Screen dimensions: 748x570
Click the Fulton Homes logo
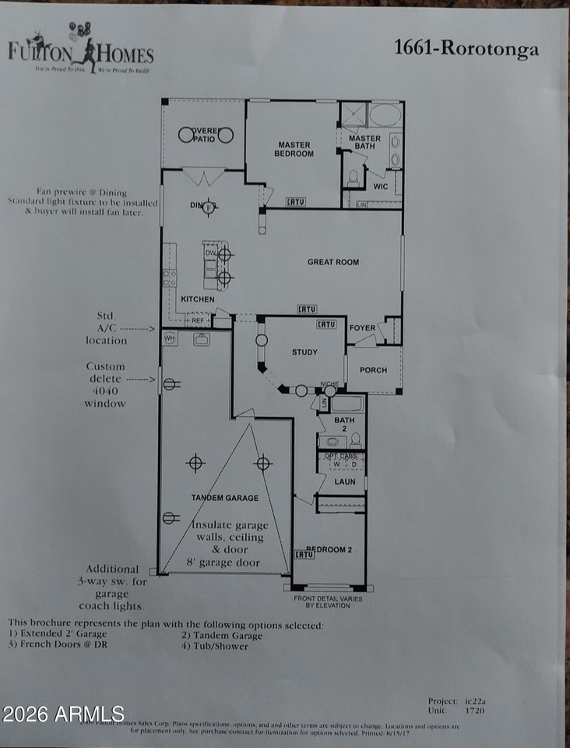point(80,50)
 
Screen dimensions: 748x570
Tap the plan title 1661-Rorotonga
point(466,49)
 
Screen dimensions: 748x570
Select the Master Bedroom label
point(294,149)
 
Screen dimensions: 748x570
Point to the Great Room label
point(332,263)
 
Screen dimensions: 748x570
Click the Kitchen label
point(198,299)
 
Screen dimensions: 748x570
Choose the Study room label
point(304,352)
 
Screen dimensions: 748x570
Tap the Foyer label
point(362,328)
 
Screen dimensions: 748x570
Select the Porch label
point(373,370)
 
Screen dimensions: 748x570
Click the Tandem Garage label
point(225,497)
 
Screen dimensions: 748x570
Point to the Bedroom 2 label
point(329,549)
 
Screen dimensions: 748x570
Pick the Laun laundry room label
point(344,482)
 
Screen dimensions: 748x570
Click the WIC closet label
point(380,186)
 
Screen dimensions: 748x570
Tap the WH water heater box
point(169,339)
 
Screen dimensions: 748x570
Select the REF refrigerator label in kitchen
point(197,319)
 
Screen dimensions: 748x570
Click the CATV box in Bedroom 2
point(304,555)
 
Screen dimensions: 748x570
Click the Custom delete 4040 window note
point(105,385)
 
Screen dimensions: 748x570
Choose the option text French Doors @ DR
point(52,646)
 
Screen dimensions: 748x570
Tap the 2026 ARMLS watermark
point(63,713)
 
